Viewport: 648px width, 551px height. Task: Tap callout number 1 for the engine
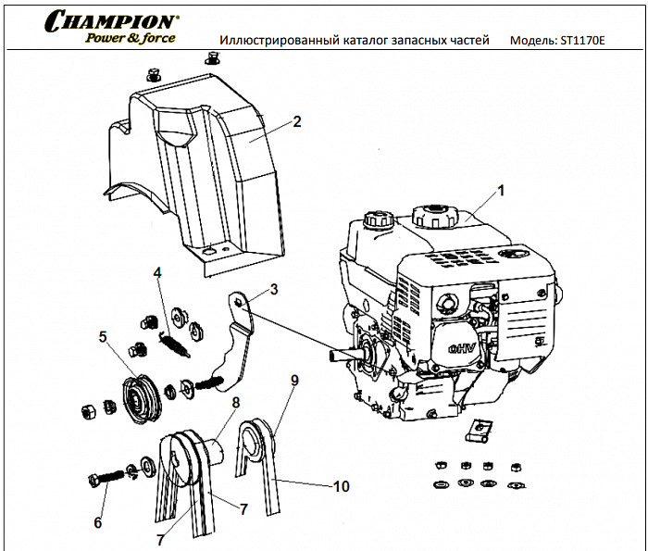[501, 191]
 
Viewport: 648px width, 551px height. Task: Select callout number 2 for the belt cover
[297, 121]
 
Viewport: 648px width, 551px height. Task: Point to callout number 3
[274, 290]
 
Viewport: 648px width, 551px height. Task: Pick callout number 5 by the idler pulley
[103, 337]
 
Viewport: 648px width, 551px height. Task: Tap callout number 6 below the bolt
[98, 523]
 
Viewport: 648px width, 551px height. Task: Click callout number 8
[236, 403]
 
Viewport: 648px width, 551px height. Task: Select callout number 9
[294, 380]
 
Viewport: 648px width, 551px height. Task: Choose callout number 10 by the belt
[342, 484]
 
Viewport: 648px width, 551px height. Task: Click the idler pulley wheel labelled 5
[137, 397]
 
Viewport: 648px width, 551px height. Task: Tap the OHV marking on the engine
[461, 349]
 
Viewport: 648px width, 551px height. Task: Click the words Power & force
[131, 39]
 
